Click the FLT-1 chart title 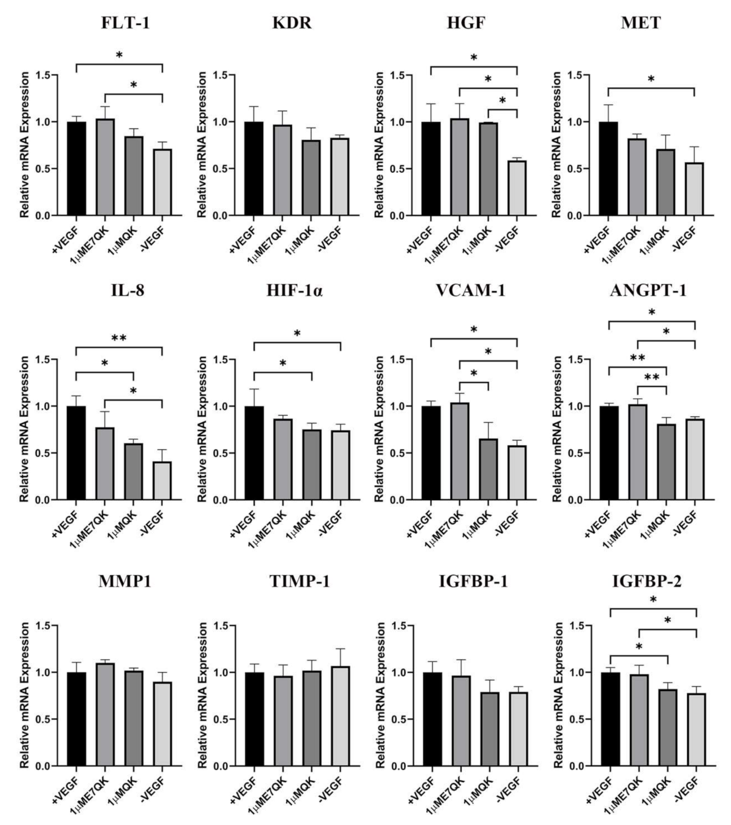[x=125, y=23]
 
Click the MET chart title [x=641, y=23]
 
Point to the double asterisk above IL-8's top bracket [x=119, y=339]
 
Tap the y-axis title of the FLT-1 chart [x=25, y=145]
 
